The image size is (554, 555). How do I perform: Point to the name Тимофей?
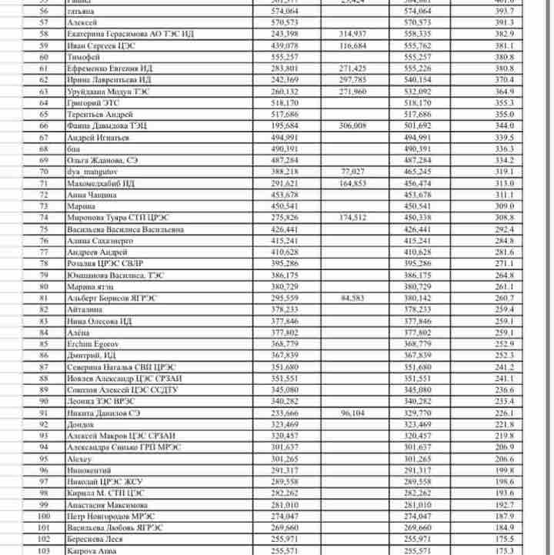[x=82, y=58]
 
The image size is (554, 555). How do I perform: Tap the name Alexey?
[x=79, y=459]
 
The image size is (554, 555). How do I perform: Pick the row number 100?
[x=43, y=516]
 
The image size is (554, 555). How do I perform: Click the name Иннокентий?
[x=88, y=470]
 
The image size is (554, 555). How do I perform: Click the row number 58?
[x=43, y=35]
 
